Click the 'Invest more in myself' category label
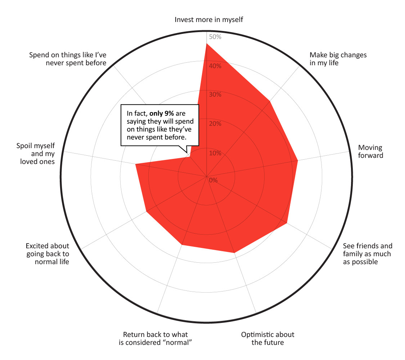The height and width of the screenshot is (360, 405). (x=209, y=19)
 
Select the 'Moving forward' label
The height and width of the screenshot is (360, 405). (x=370, y=152)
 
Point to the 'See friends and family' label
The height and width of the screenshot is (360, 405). (x=367, y=254)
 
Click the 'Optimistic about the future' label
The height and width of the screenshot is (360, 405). (x=267, y=338)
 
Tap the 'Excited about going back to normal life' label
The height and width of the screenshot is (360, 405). (x=47, y=254)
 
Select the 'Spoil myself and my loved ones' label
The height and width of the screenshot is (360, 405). (x=36, y=154)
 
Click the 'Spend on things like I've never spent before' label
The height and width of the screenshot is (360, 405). (x=68, y=59)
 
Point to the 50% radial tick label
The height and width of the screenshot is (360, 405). (x=215, y=37)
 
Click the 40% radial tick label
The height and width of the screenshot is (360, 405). (x=215, y=66)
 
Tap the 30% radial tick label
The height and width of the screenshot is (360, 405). (x=215, y=95)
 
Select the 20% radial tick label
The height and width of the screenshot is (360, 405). (x=215, y=124)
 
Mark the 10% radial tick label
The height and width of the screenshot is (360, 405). (x=215, y=153)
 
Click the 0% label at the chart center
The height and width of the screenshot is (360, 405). (x=213, y=180)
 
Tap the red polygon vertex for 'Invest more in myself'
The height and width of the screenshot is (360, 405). (x=207, y=44)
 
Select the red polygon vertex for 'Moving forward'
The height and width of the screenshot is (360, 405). (x=298, y=161)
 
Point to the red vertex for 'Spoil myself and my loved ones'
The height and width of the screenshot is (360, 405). (x=136, y=164)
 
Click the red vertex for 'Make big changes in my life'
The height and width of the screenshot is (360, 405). (x=270, y=102)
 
